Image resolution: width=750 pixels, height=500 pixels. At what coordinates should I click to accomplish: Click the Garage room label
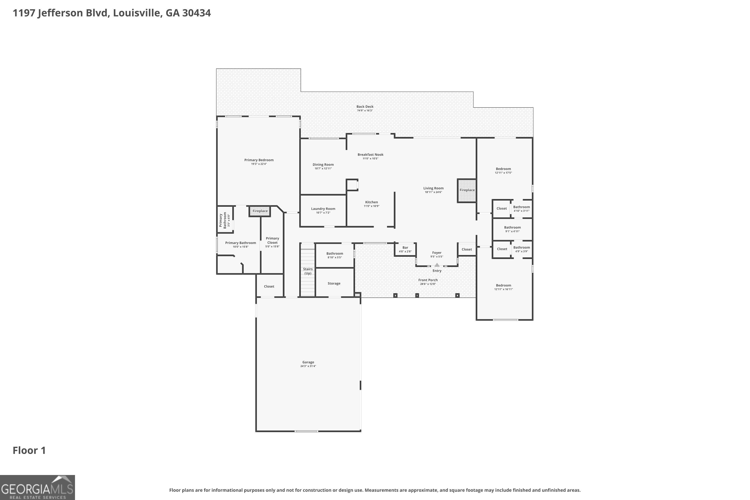308,362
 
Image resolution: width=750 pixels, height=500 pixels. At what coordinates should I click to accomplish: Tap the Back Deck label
365,106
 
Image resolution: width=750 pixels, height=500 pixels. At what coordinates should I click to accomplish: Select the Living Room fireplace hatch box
467,190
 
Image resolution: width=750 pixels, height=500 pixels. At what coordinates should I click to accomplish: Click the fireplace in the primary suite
260,211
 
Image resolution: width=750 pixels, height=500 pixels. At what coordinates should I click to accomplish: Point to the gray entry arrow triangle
437,265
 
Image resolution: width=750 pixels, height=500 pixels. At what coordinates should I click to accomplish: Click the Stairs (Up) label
308,271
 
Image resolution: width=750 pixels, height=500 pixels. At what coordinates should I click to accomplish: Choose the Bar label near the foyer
405,247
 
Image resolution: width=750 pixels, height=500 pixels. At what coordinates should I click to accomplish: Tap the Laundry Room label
323,208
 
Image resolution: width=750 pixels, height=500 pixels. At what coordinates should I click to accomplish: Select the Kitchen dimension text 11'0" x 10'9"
371,206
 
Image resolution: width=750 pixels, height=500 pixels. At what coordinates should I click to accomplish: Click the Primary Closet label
272,240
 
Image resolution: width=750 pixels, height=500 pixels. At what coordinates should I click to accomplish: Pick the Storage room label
334,283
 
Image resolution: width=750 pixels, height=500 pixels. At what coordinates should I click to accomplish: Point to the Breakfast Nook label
370,155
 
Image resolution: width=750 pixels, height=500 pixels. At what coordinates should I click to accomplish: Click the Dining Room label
323,164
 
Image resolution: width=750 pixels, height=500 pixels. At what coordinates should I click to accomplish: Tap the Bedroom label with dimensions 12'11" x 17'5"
503,169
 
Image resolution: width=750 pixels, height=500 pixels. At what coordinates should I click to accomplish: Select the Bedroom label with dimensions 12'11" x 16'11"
503,285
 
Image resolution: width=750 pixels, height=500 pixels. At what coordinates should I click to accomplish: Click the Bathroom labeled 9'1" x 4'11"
512,227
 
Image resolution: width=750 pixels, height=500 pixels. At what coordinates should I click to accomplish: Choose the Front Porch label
428,280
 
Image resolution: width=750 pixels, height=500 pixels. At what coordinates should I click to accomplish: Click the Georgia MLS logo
37,487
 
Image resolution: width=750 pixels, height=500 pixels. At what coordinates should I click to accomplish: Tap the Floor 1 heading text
29,450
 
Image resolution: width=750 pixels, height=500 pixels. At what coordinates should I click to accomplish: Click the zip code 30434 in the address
196,13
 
